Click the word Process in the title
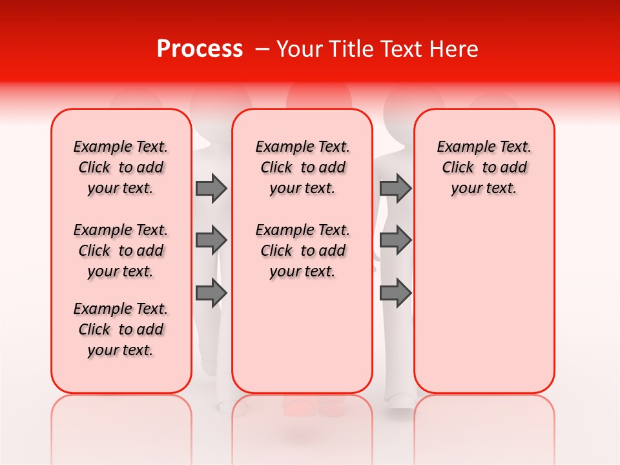click(x=200, y=49)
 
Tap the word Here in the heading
click(x=454, y=49)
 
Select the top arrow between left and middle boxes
click(x=211, y=188)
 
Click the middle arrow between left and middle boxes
click(x=211, y=240)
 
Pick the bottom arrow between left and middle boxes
click(x=211, y=293)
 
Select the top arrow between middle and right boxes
click(x=395, y=188)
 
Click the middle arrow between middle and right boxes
click(x=395, y=240)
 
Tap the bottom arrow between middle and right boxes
click(x=395, y=293)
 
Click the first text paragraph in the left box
click(x=121, y=167)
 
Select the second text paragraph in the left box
click(x=121, y=251)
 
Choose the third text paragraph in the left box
click(x=121, y=329)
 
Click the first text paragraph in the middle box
click(x=302, y=167)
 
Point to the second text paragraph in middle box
click(x=302, y=251)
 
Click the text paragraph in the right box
click(x=484, y=167)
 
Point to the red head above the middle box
click(x=319, y=97)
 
